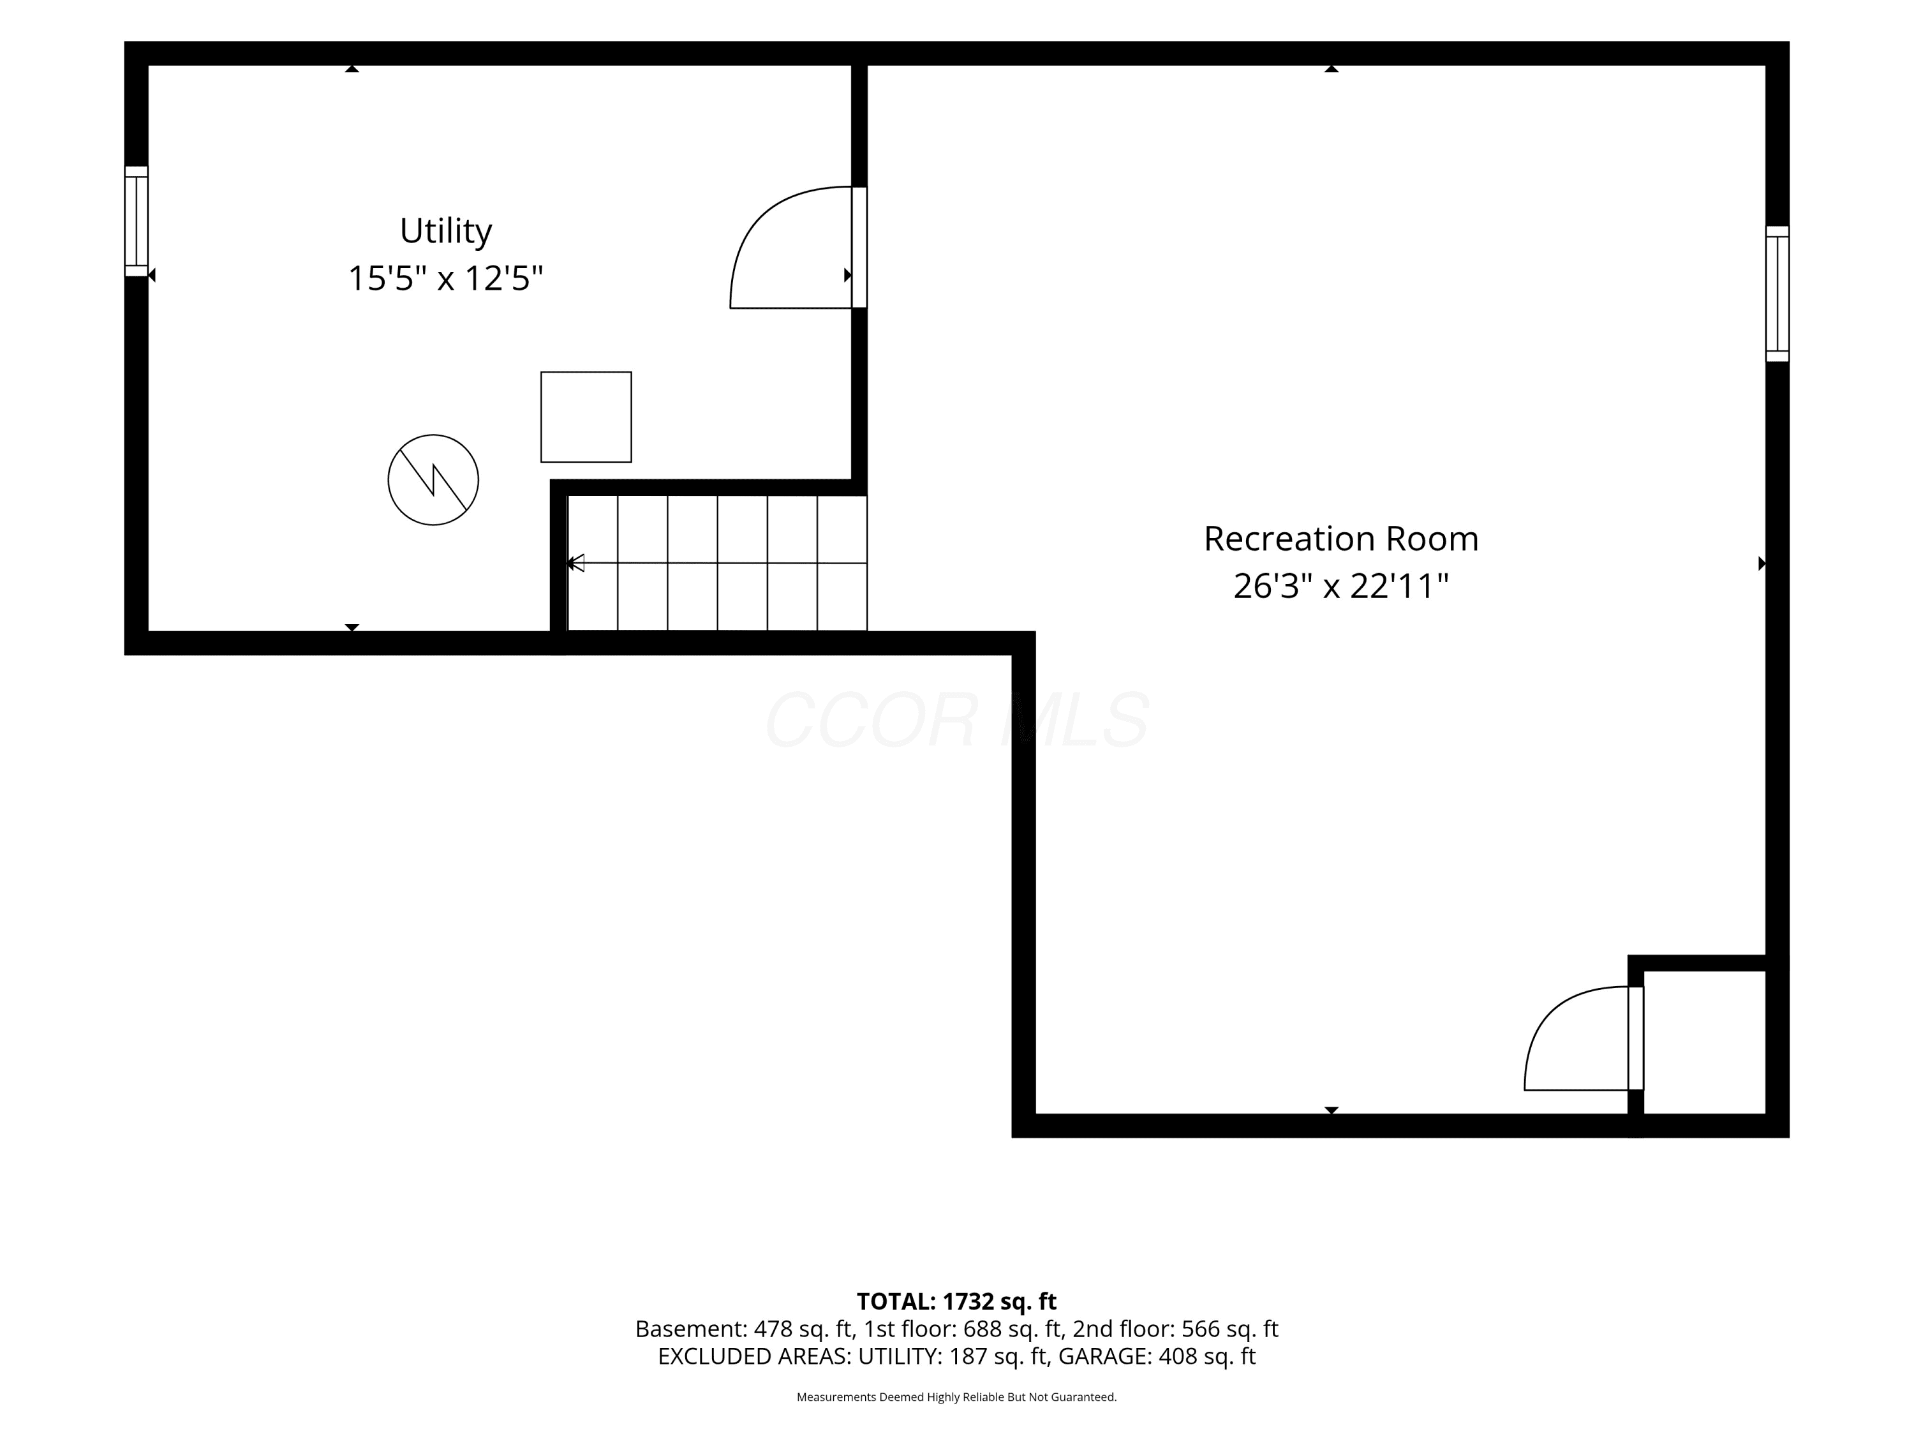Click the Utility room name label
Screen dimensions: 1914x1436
click(445, 231)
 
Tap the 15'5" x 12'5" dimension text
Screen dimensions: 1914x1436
click(445, 279)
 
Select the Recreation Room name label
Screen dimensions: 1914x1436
click(1341, 539)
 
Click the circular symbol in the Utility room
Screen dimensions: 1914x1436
click(433, 479)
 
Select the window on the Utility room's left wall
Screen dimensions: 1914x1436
click(136, 221)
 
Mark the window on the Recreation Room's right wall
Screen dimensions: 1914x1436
click(1777, 294)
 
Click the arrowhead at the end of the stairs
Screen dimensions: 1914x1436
click(575, 563)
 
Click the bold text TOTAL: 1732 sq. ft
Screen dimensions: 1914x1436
click(956, 1301)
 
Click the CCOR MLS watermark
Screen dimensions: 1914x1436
click(957, 720)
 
